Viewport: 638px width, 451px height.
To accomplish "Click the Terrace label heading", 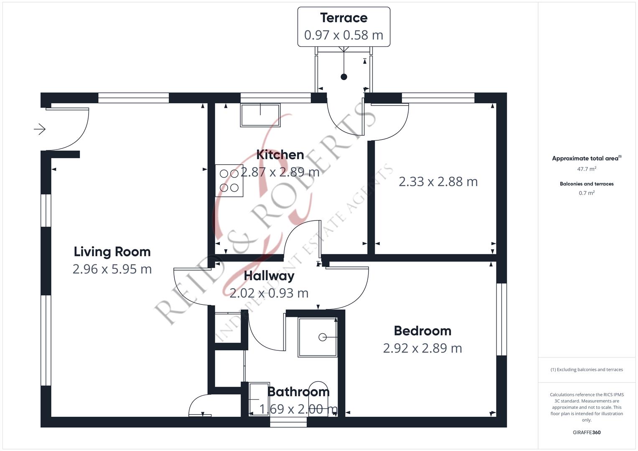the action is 344,18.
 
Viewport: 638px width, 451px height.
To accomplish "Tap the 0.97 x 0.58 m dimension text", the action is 344,35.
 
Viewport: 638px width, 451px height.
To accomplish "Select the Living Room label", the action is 112,252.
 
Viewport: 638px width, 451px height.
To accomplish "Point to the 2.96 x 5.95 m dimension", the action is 112,269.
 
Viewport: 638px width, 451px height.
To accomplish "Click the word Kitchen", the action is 280,155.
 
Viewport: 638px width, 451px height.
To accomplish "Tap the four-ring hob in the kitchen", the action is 229,180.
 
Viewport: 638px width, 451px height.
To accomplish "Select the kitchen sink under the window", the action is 260,115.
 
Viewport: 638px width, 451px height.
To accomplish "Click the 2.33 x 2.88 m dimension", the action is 438,182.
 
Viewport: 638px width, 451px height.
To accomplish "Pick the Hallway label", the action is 269,276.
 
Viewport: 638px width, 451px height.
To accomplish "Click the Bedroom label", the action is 423,331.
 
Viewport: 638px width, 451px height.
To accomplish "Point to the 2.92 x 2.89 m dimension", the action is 423,348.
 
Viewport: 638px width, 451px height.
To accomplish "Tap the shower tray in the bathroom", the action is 318,337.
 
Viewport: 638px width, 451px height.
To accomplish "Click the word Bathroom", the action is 298,392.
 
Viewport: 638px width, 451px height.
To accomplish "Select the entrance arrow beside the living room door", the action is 40,129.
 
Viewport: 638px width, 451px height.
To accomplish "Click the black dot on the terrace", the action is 344,77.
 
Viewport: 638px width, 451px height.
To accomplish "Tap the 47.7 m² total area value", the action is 587,169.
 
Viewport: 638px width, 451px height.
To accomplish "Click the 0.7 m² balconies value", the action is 587,193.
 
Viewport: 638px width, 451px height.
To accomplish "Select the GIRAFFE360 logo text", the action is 587,432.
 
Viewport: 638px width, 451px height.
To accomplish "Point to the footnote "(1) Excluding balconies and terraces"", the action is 587,370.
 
